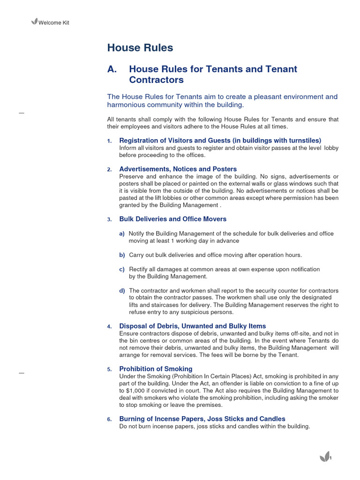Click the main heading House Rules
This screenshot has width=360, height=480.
click(140, 48)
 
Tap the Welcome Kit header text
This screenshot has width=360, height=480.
click(53, 22)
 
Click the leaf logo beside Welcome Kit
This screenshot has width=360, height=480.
click(34, 22)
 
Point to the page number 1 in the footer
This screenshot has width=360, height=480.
click(331, 458)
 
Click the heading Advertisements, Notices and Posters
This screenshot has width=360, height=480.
click(178, 169)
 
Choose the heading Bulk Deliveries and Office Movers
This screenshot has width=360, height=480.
click(172, 219)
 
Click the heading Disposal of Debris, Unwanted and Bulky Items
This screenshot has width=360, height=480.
click(192, 326)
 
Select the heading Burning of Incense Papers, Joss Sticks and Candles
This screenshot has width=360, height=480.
click(202, 419)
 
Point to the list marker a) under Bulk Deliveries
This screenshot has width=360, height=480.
click(122, 233)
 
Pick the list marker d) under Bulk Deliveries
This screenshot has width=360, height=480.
click(122, 291)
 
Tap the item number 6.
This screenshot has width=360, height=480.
click(109, 419)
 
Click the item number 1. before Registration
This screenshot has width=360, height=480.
click(109, 141)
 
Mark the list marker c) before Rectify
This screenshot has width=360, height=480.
click(122, 269)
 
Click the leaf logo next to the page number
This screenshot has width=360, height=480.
click(323, 457)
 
